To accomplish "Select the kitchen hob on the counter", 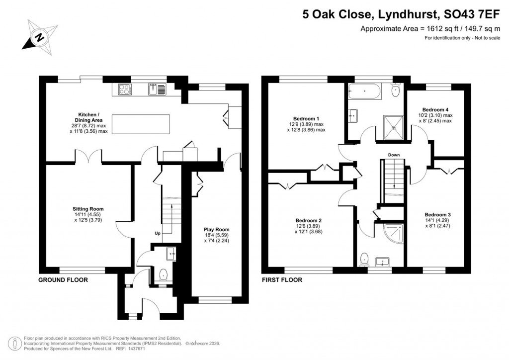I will pos(125,90).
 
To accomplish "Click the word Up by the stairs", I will pos(157,233).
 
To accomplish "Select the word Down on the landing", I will pos(394,155).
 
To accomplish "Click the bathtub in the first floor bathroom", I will pos(364,90).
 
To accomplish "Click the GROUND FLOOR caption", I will pos(63,280).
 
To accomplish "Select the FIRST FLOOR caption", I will pos(282,280).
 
